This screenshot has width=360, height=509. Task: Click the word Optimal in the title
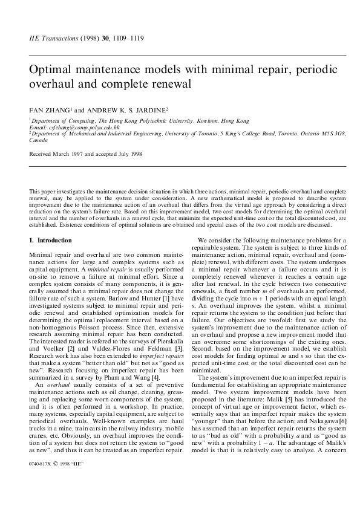coord(50,70)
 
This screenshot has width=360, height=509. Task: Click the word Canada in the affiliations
coord(38,140)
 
